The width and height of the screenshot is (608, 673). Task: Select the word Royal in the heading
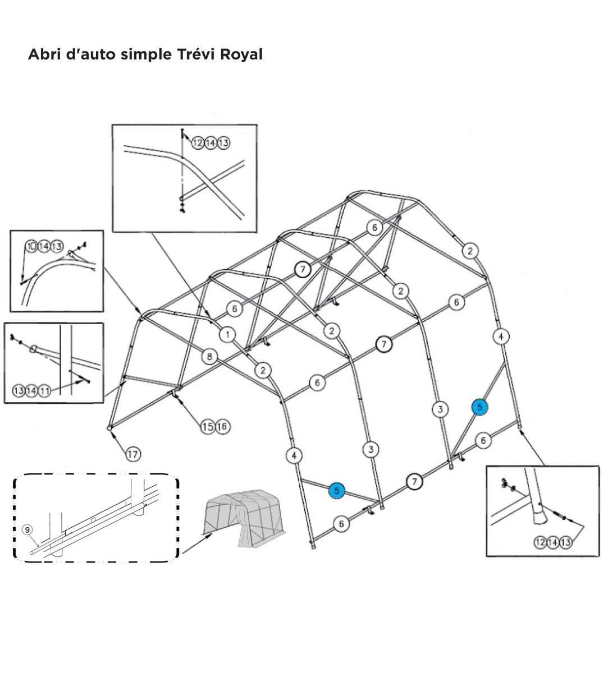[241, 54]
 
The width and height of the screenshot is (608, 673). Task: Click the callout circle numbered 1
[227, 335]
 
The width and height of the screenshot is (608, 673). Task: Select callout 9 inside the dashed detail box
[26, 529]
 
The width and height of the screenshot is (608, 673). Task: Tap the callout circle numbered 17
[132, 454]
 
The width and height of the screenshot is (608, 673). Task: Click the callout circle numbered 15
[208, 427]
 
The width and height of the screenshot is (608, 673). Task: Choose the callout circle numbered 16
[222, 427]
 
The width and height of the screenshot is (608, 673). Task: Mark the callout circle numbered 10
[31, 246]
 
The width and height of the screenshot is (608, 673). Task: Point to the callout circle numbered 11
[44, 390]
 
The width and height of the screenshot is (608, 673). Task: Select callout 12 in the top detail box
[198, 143]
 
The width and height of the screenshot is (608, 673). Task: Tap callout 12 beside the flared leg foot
[541, 542]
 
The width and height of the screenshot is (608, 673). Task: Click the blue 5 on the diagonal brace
[480, 407]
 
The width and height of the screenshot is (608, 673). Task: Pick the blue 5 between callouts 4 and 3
[336, 490]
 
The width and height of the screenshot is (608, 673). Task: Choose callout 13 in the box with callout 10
[57, 246]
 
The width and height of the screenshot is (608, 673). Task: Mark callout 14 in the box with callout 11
[31, 390]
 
